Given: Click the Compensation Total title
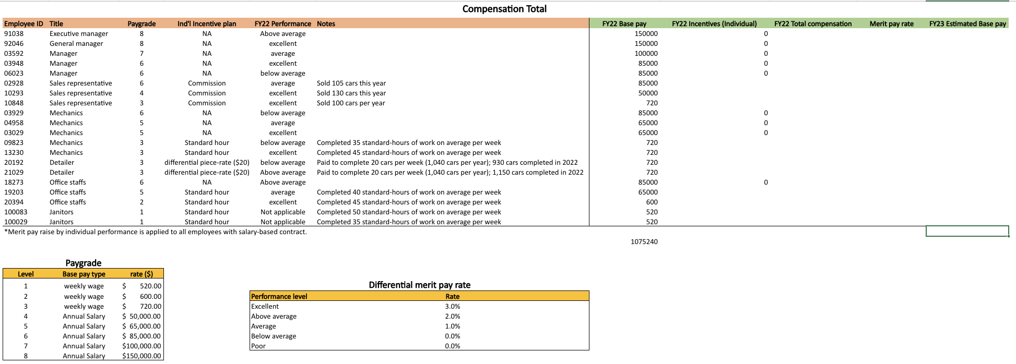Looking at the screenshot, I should (x=504, y=9).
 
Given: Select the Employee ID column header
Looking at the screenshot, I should (x=23, y=24).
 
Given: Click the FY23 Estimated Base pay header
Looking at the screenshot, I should (x=967, y=24).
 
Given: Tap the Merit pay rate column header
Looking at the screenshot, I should (x=891, y=24).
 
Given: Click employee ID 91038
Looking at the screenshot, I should (x=14, y=34).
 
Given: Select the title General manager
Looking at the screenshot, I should (x=76, y=44).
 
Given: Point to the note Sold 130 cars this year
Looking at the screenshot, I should (x=351, y=93).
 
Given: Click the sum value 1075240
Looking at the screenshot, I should (x=644, y=242).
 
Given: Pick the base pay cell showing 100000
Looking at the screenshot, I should (x=646, y=54).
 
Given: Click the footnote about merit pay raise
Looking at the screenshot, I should (x=156, y=232).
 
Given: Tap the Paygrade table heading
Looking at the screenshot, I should (x=84, y=263).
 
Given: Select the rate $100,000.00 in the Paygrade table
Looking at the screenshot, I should (x=141, y=346).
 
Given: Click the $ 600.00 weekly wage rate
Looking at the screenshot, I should (x=142, y=297).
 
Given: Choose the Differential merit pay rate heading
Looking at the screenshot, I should (x=419, y=285).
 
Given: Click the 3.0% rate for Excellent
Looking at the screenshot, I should (x=452, y=307).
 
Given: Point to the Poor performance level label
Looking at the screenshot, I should (x=258, y=346).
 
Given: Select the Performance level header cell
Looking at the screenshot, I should (x=279, y=297).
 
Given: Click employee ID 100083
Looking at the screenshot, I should (x=16, y=212).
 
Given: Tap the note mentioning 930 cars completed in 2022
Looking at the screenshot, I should (x=447, y=163).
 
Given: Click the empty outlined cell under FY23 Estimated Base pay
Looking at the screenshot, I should (x=967, y=231).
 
